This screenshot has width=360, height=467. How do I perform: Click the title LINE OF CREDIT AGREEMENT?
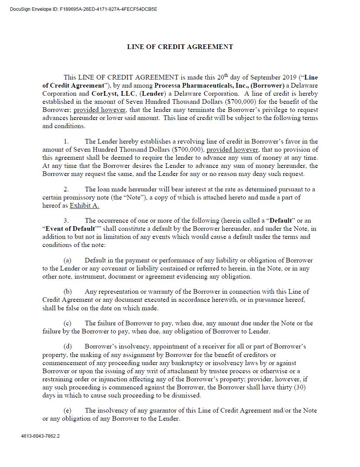pyautogui.click(x=180, y=47)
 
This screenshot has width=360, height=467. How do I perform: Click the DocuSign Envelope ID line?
pyautogui.click(x=83, y=9)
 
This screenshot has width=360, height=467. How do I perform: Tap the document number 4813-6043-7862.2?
pyautogui.click(x=40, y=436)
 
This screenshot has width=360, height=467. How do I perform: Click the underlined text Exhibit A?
pyautogui.click(x=84, y=205)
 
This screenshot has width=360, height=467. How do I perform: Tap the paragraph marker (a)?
pyautogui.click(x=67, y=260)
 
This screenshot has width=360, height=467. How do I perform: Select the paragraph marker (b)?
pyautogui.click(x=67, y=291)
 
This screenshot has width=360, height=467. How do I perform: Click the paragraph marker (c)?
pyautogui.click(x=67, y=323)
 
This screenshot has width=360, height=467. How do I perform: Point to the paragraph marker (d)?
pyautogui.click(x=67, y=347)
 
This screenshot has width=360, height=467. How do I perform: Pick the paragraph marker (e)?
pyautogui.click(x=67, y=410)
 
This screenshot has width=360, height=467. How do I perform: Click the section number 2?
pyautogui.click(x=66, y=189)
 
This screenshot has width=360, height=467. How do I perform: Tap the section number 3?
pyautogui.click(x=66, y=220)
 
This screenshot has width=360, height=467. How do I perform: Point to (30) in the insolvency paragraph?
pyautogui.click(x=299, y=387)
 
